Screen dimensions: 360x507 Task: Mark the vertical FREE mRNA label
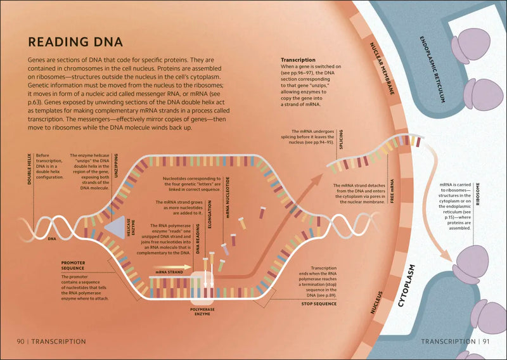[394, 192]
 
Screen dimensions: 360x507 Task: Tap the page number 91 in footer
[485, 342]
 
